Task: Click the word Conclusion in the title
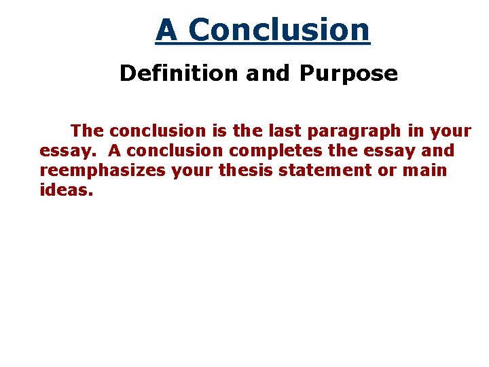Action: coord(279,31)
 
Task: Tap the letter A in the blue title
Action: coord(167,31)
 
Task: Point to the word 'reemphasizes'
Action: coord(103,171)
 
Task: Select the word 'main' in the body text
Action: coord(425,170)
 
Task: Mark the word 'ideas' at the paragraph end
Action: coord(66,190)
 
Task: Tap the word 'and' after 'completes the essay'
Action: coord(438,150)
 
